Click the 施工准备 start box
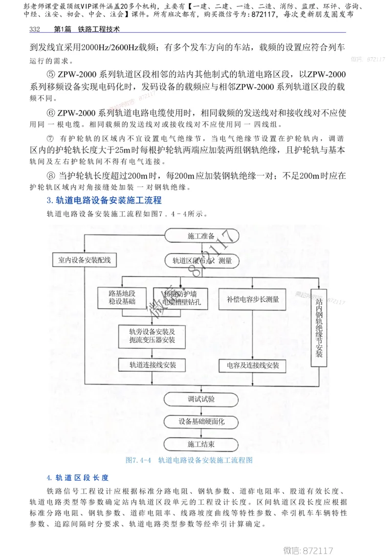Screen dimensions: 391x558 click(x=201, y=236)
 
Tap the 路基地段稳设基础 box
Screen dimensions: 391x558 click(x=122, y=297)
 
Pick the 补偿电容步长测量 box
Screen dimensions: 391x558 click(x=252, y=299)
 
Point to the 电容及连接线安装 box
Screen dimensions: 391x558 click(x=253, y=365)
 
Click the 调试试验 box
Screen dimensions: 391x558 click(x=201, y=399)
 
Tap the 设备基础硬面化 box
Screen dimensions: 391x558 click(x=201, y=422)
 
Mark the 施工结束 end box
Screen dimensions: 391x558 click(x=201, y=444)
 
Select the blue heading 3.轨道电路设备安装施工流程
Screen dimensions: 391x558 click(x=104, y=200)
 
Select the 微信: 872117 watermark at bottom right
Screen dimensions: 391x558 click(x=308, y=550)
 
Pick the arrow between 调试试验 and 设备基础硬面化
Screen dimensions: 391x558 click(x=201, y=410)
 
